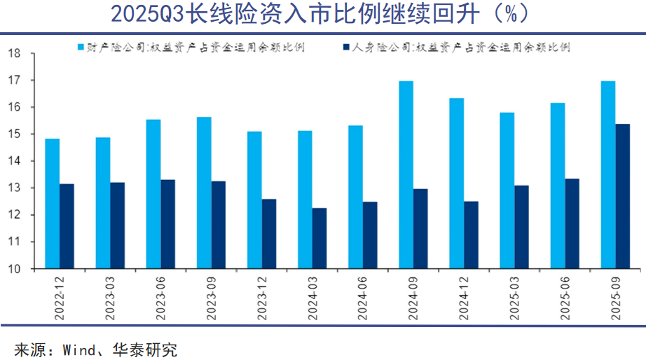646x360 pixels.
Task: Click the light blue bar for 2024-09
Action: coord(406,175)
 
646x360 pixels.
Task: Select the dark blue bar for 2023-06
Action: coord(168,224)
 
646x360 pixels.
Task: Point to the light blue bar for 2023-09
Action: coord(205,193)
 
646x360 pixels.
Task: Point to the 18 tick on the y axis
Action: coord(13,54)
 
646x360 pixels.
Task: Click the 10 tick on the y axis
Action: coord(13,269)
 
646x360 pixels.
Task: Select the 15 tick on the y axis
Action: coord(13,134)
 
